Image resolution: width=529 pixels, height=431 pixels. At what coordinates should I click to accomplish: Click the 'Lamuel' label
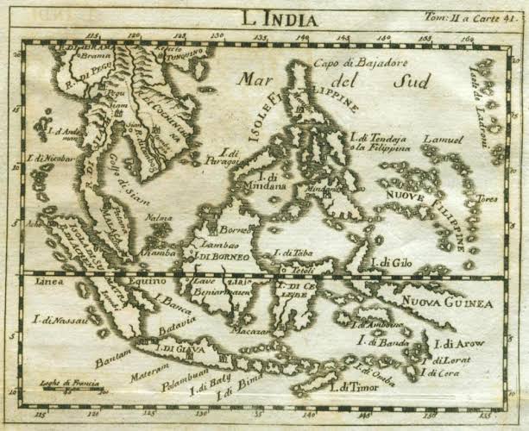click(x=441, y=140)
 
